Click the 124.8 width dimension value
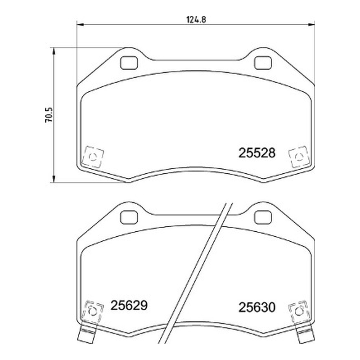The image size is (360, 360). pyautogui.click(x=196, y=19)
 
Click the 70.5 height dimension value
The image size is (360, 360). pyautogui.click(x=49, y=115)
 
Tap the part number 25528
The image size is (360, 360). pyautogui.click(x=256, y=153)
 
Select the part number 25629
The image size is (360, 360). pyautogui.click(x=129, y=306)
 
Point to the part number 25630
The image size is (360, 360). pyautogui.click(x=256, y=307)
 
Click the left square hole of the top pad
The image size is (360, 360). pyautogui.click(x=129, y=63)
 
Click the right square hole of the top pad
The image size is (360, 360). pyautogui.click(x=263, y=63)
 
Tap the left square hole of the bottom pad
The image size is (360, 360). pyautogui.click(x=129, y=218)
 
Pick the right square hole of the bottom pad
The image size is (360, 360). pyautogui.click(x=263, y=218)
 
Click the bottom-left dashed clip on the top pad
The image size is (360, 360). pyautogui.click(x=93, y=157)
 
